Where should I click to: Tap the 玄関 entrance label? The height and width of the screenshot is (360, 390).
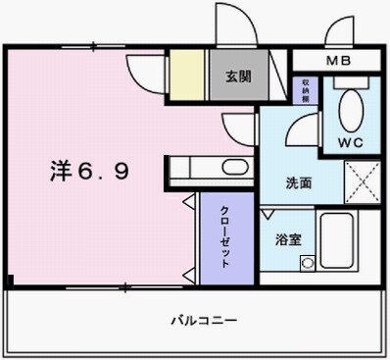click(236, 76)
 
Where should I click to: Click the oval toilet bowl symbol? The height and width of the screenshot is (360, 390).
click(349, 103)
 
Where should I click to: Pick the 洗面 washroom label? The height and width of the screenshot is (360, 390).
click(299, 181)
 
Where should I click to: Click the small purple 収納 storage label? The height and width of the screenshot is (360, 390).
click(306, 90)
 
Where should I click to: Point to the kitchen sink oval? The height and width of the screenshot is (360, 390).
click(234, 167)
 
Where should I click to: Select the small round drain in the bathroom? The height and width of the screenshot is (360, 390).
click(307, 263)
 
